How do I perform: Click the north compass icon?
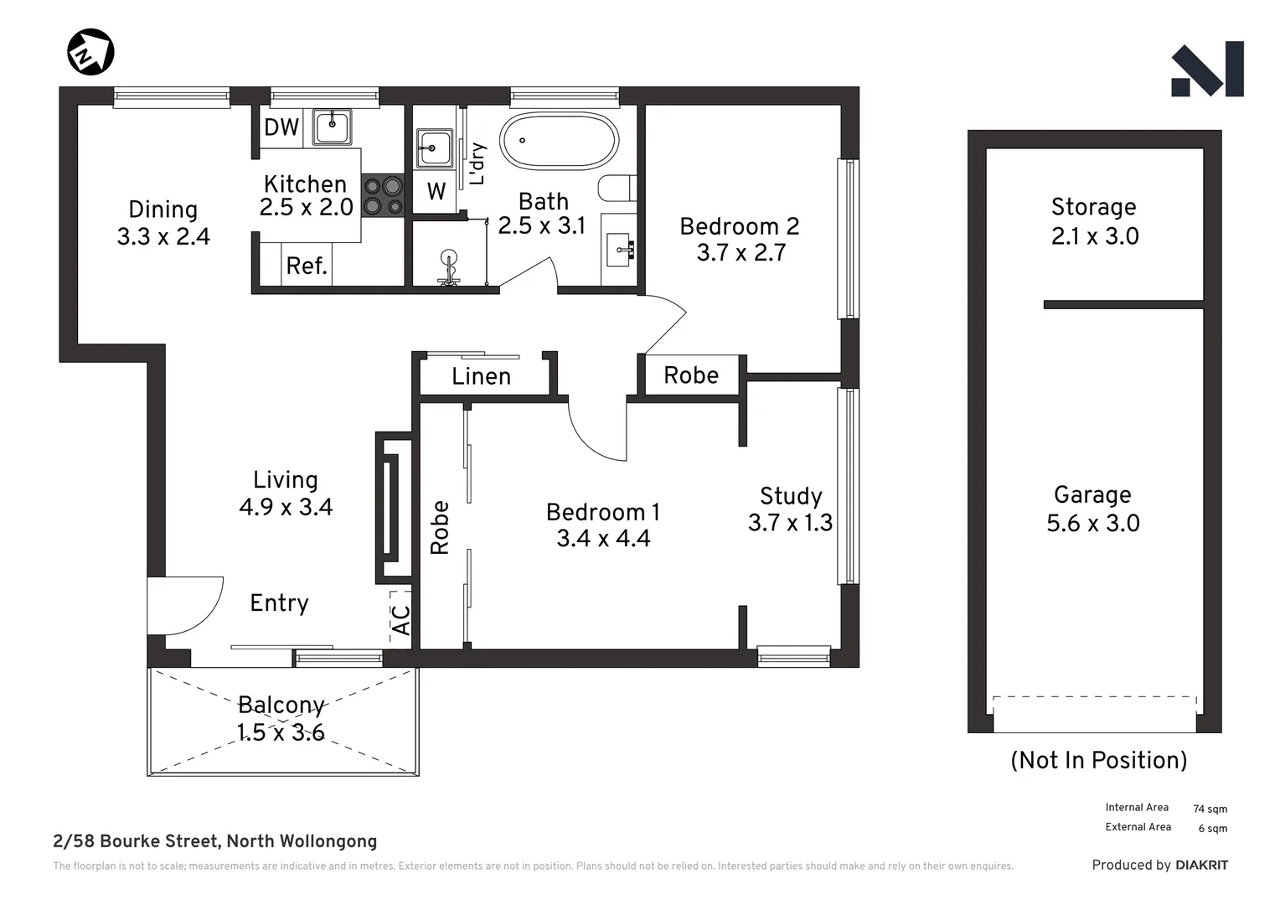pos(90,52)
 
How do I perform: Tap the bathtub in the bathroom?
pos(559,141)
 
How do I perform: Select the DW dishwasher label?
pos(281,127)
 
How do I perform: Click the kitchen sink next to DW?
pos(333,127)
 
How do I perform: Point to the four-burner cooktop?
pos(383,196)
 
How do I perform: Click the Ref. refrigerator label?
pos(307,266)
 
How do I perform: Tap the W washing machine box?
pos(436,192)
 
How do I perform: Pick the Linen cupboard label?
pos(481,377)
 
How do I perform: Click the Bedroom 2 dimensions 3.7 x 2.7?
pos(741,253)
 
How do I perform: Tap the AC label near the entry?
pos(402,620)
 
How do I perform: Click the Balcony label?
pos(281,706)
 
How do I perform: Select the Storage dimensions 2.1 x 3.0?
pos(1095,236)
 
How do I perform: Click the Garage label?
pos(1092,495)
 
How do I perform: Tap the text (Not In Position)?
pos(1098,760)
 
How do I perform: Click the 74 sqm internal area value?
pos(1210,809)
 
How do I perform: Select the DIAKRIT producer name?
pos(1201,865)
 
